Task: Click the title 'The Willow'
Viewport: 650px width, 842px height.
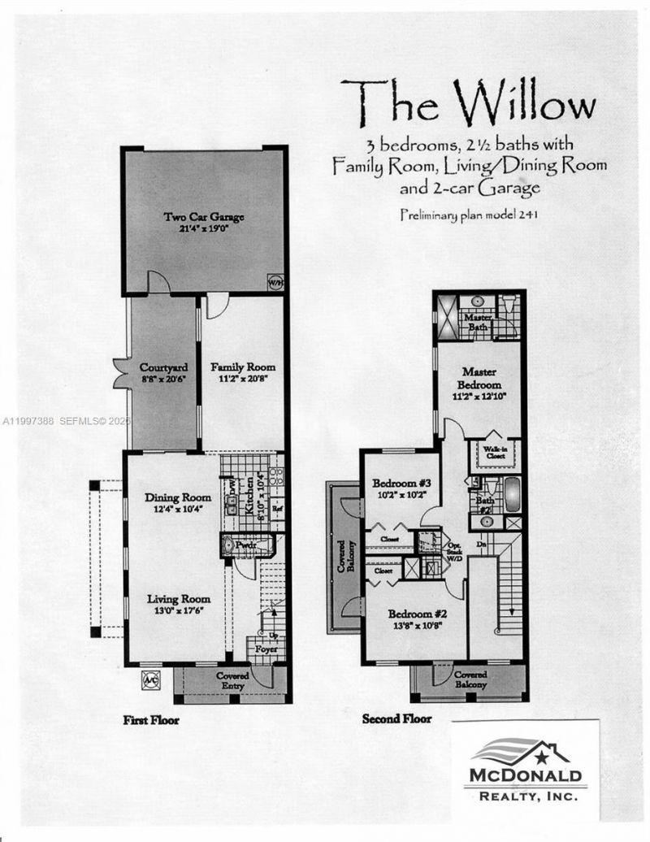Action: coord(467,104)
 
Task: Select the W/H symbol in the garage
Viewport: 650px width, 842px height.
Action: coord(275,284)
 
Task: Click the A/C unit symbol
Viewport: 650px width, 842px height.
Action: coord(150,680)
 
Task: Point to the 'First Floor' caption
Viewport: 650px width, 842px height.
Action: coord(151,719)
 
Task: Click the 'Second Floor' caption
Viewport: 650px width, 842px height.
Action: coord(396,718)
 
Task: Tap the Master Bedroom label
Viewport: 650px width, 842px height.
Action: coord(479,377)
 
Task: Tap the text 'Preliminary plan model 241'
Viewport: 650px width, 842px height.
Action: coord(470,215)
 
